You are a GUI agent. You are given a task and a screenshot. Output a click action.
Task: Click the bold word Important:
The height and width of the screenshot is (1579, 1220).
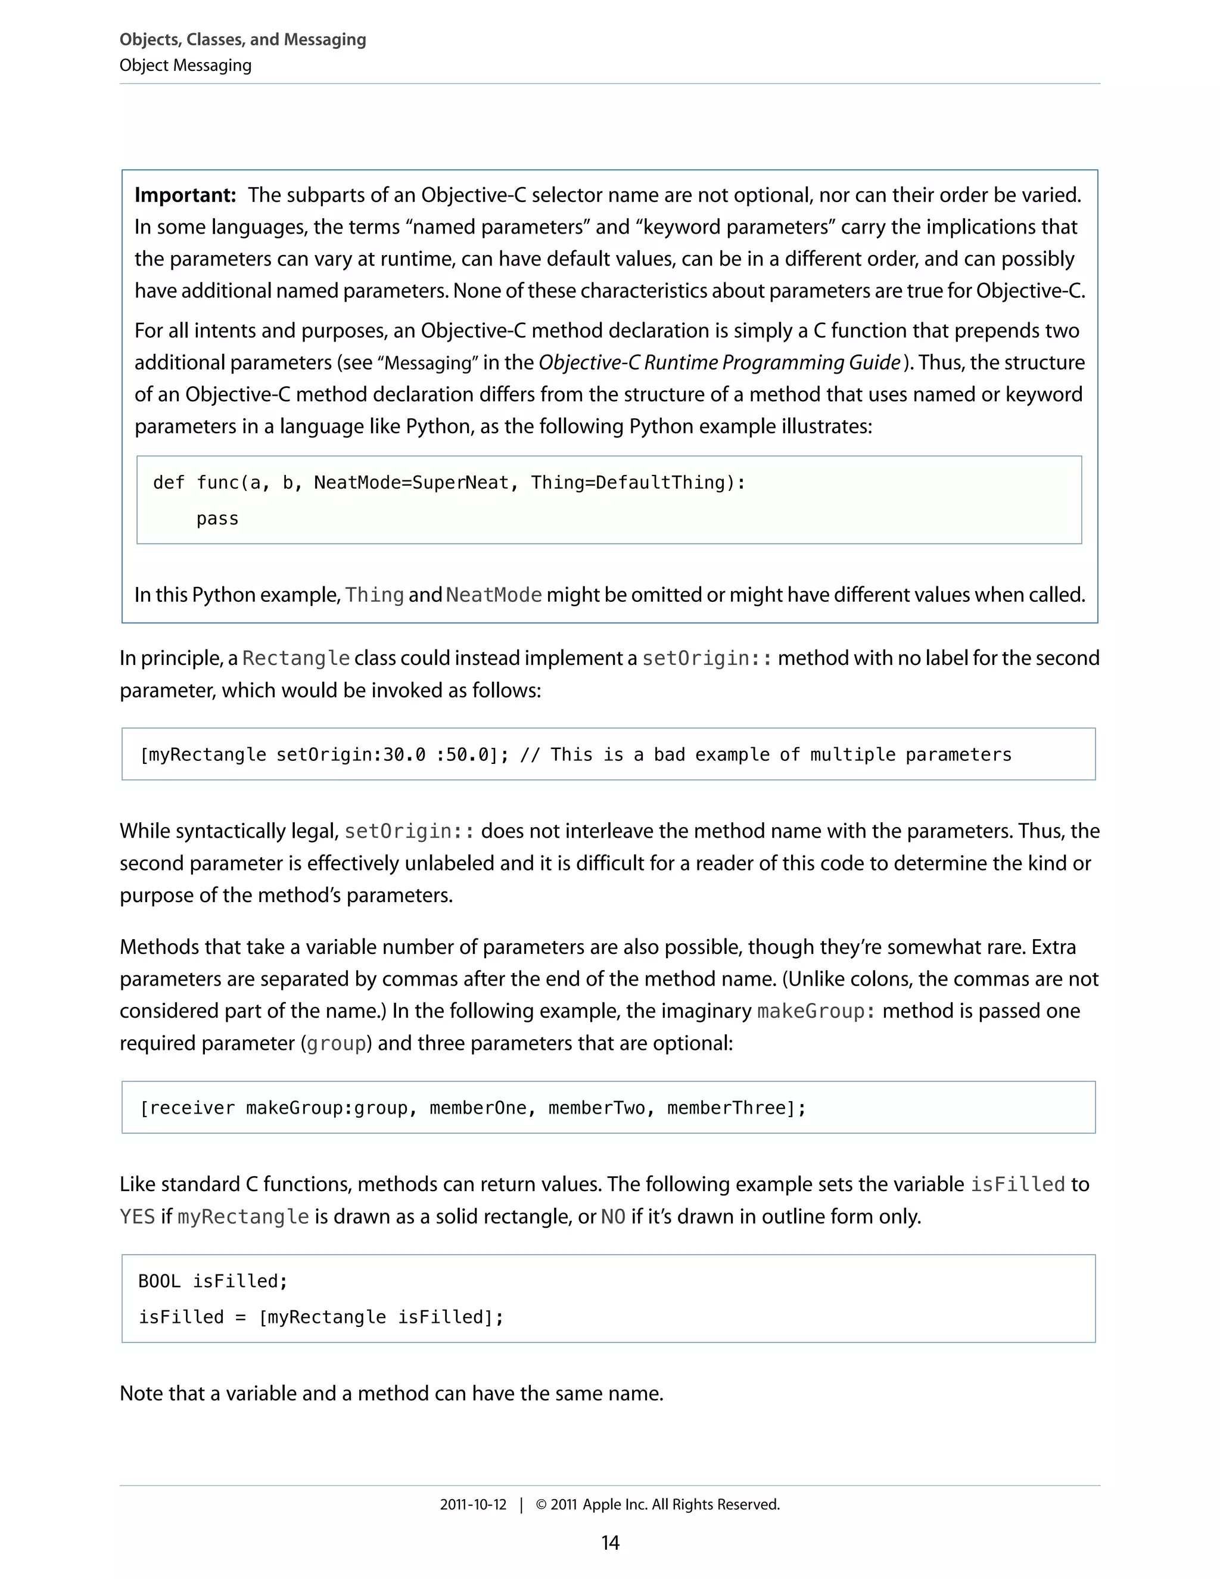coord(185,195)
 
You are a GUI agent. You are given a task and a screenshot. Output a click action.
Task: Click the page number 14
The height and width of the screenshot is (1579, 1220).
coord(610,1542)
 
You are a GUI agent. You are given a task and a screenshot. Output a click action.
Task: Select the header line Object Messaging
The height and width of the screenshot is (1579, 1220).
coord(186,65)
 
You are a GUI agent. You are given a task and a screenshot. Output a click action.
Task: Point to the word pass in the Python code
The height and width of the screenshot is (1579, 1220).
coord(217,519)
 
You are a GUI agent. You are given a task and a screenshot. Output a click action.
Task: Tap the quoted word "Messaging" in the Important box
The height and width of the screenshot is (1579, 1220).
coord(427,363)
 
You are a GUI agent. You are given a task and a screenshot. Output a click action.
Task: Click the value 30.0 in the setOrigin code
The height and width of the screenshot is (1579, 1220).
coord(404,755)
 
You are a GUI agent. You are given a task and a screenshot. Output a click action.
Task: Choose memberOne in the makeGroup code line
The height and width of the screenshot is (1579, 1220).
coord(478,1108)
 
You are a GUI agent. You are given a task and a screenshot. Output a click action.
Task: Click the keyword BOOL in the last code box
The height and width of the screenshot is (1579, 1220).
coord(159,1281)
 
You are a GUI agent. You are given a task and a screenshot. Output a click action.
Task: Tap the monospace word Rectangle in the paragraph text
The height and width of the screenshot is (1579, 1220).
coord(295,658)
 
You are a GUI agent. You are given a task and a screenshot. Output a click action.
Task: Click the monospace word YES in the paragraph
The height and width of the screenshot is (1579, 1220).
coord(138,1217)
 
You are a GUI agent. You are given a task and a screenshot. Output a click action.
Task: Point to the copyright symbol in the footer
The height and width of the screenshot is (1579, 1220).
coord(541,1505)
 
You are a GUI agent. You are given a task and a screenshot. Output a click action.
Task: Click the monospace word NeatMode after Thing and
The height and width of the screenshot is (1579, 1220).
coord(494,595)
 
